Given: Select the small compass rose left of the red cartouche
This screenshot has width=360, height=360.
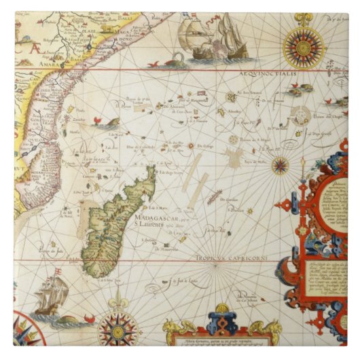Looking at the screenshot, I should pyautogui.click(x=280, y=165).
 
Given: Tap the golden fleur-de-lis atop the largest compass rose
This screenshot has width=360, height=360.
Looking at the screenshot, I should pyautogui.click(x=300, y=18).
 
